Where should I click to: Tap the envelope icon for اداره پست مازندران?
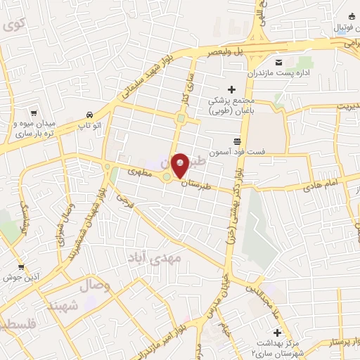click(x=277, y=61)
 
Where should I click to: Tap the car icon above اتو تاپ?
click(x=89, y=115)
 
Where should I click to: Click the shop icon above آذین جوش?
click(x=21, y=266)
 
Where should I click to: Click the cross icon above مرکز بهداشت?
click(x=277, y=332)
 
